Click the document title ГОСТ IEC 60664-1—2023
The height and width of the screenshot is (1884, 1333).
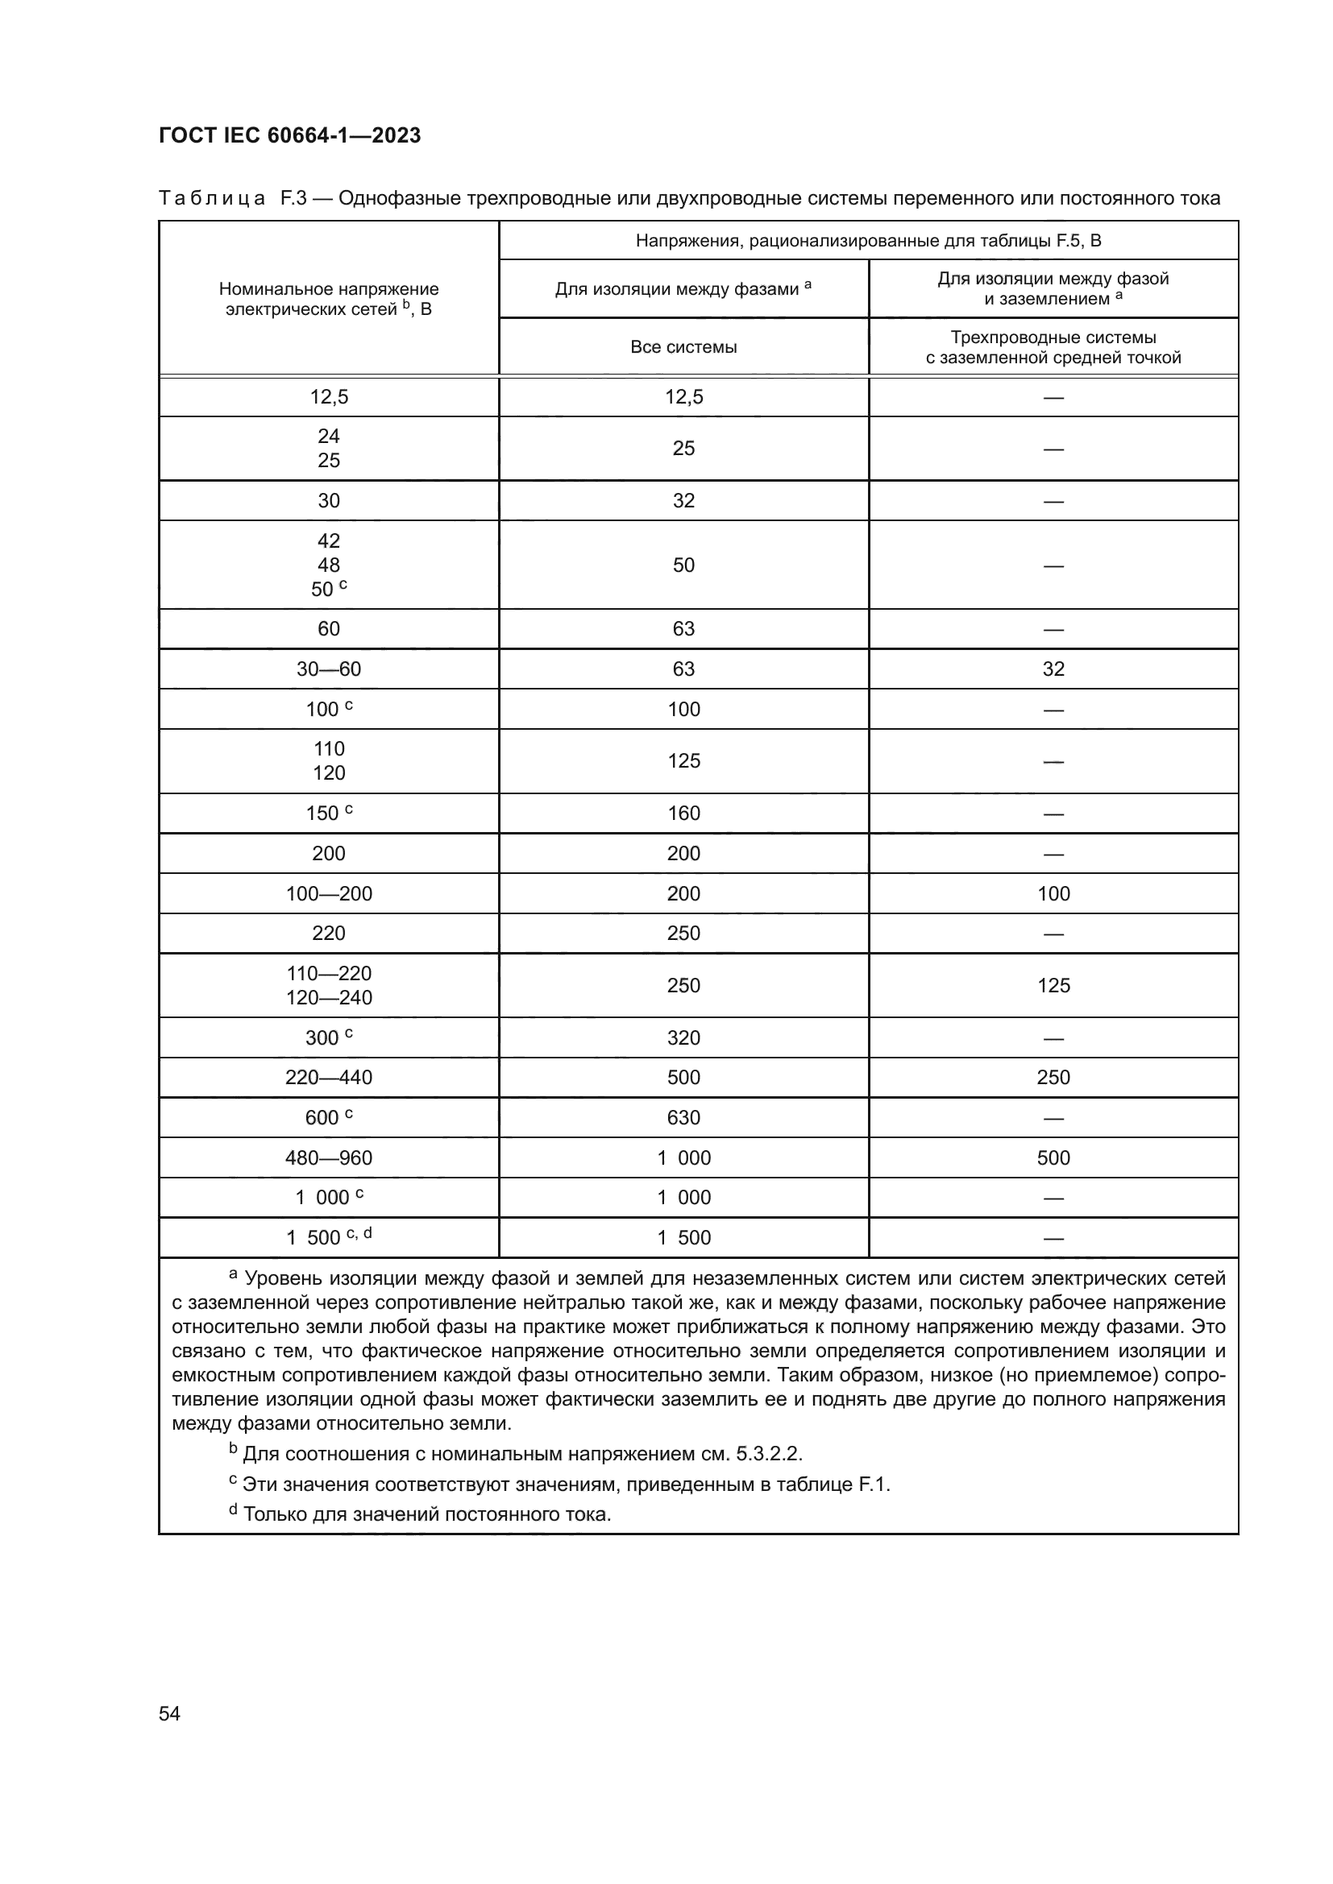point(289,135)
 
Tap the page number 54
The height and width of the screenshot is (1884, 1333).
point(169,1713)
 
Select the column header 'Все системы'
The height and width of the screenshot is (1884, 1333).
point(683,347)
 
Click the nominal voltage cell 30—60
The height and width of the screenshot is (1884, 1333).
point(328,669)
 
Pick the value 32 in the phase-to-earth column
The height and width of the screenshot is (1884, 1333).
point(1053,669)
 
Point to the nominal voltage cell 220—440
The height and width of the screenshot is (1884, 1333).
point(328,1078)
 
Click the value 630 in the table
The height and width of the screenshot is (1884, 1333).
point(683,1118)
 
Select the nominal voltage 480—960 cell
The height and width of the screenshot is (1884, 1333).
point(328,1157)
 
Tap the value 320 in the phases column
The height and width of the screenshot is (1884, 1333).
point(683,1038)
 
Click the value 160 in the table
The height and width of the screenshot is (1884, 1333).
point(683,814)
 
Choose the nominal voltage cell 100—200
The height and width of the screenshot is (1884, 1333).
point(328,893)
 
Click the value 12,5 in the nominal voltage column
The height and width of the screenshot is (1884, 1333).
point(328,397)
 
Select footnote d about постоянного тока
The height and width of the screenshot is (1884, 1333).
point(420,1514)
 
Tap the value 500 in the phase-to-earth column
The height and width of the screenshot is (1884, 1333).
point(1053,1157)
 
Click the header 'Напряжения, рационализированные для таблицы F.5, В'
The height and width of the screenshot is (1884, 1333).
point(869,240)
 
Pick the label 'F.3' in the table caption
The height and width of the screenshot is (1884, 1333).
point(293,199)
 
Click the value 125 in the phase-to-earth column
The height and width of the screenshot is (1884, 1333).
point(1053,985)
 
